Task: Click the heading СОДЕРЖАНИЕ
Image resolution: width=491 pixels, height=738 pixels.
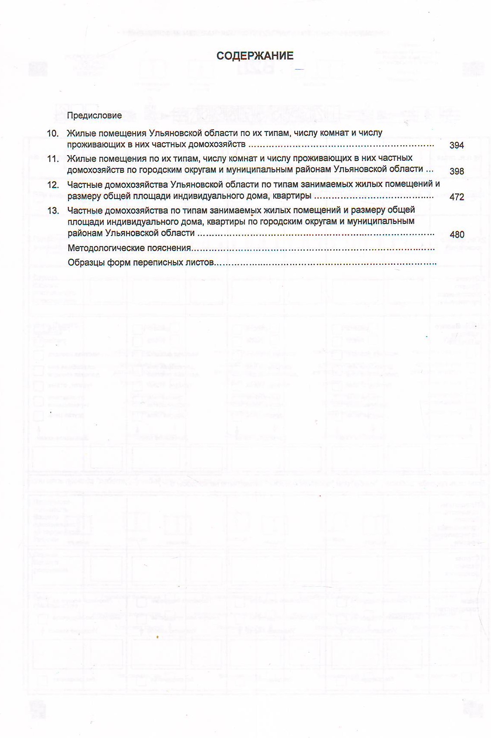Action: [x=255, y=56]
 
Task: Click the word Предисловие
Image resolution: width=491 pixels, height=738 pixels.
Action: [x=95, y=116]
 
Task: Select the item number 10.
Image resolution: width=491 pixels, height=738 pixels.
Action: [x=53, y=134]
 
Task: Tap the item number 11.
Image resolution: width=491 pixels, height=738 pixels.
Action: [x=53, y=159]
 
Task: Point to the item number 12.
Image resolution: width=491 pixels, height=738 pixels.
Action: [x=53, y=185]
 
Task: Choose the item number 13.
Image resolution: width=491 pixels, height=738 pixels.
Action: [x=53, y=211]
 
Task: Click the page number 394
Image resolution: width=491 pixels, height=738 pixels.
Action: [x=456, y=145]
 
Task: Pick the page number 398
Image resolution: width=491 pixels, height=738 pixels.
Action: [x=456, y=171]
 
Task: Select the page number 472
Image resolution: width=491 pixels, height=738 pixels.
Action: [x=456, y=197]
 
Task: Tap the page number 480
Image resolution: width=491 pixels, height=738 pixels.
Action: [x=457, y=235]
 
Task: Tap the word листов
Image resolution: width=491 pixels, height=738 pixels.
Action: [x=200, y=263]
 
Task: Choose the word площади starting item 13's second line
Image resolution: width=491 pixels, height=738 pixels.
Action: [x=84, y=222]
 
